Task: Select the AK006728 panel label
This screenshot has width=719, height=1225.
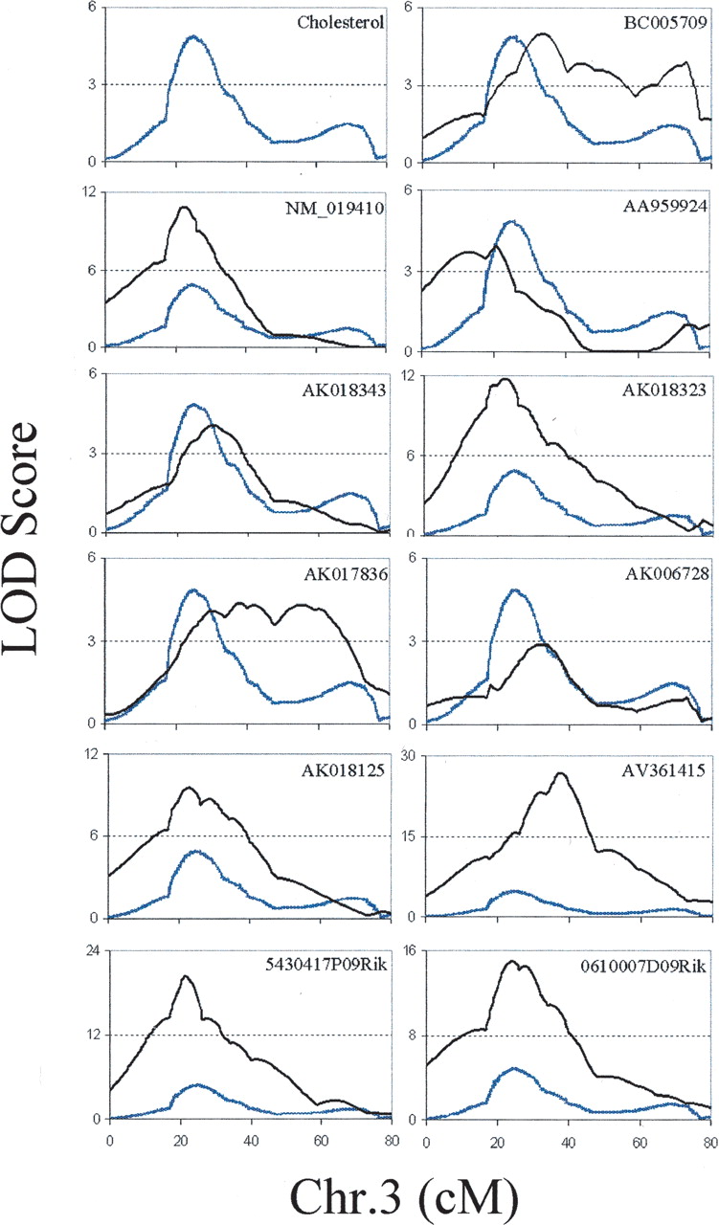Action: click(x=666, y=575)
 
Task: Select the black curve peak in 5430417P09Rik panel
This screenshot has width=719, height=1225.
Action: click(x=185, y=976)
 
